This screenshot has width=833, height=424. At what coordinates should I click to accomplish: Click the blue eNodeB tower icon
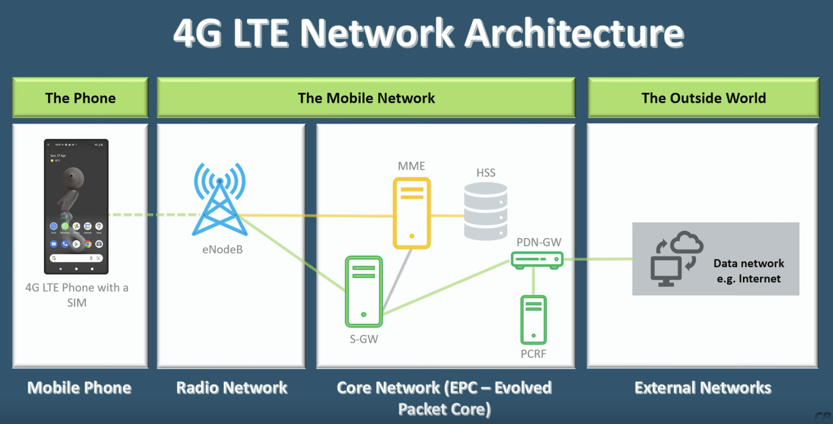pos(220,201)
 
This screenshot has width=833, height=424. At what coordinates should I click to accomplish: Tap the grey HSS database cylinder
pos(485,211)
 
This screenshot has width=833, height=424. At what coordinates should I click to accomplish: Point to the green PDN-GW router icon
pos(537,260)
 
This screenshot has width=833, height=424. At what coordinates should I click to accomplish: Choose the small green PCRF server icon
pos(533,320)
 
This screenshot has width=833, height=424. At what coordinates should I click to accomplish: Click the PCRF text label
pos(533,354)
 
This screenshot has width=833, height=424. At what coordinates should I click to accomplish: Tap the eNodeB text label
pos(222,250)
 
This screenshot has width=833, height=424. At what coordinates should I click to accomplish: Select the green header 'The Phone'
pos(80,98)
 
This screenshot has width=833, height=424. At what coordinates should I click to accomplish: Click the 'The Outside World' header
pos(704,98)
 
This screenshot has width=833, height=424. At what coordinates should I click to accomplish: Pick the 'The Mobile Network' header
pos(366,98)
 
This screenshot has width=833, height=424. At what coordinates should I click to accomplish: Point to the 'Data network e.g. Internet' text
pos(749,271)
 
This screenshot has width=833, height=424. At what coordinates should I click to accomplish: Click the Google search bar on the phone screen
pos(76,258)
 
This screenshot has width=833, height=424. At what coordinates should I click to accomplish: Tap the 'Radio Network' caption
pos(232,387)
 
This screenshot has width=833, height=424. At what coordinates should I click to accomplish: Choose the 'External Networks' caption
pos(703,387)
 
